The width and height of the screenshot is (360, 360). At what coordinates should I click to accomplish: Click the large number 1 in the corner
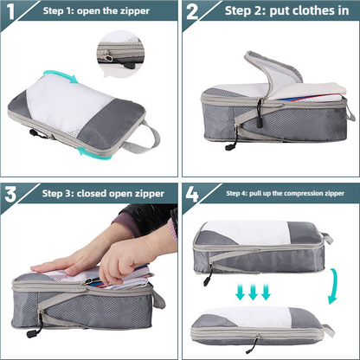[13, 15]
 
